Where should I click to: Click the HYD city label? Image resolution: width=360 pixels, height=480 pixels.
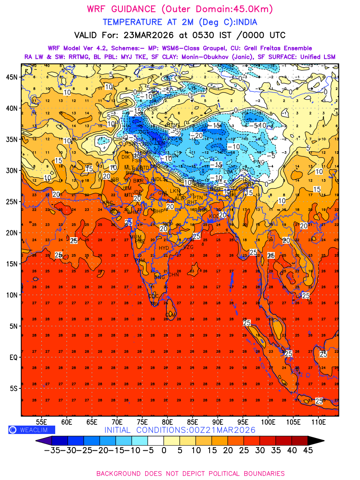coord(164,248)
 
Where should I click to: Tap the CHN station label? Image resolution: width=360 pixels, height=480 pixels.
coord(173,275)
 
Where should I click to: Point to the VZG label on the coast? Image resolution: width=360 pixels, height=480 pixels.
coord(188,247)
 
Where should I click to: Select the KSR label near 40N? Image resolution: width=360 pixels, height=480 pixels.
coord(152,109)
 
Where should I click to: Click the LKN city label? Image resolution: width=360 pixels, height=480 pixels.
coord(175,191)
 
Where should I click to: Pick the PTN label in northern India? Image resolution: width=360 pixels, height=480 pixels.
coord(198,198)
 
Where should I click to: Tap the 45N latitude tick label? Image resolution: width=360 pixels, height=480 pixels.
coord(14,77)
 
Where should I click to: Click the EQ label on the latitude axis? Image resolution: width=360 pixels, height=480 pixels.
coord(14,357)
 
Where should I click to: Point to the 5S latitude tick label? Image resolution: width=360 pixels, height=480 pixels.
coord(14,388)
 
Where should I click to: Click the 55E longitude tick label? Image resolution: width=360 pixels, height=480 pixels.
coord(42,422)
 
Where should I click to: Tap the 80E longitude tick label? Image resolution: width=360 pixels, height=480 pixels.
coord(168,422)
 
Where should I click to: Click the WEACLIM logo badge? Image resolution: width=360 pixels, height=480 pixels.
coord(32,430)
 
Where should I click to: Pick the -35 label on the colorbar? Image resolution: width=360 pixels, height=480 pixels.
coord(52,450)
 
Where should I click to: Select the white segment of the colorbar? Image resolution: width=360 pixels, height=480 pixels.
coord(156,440)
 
